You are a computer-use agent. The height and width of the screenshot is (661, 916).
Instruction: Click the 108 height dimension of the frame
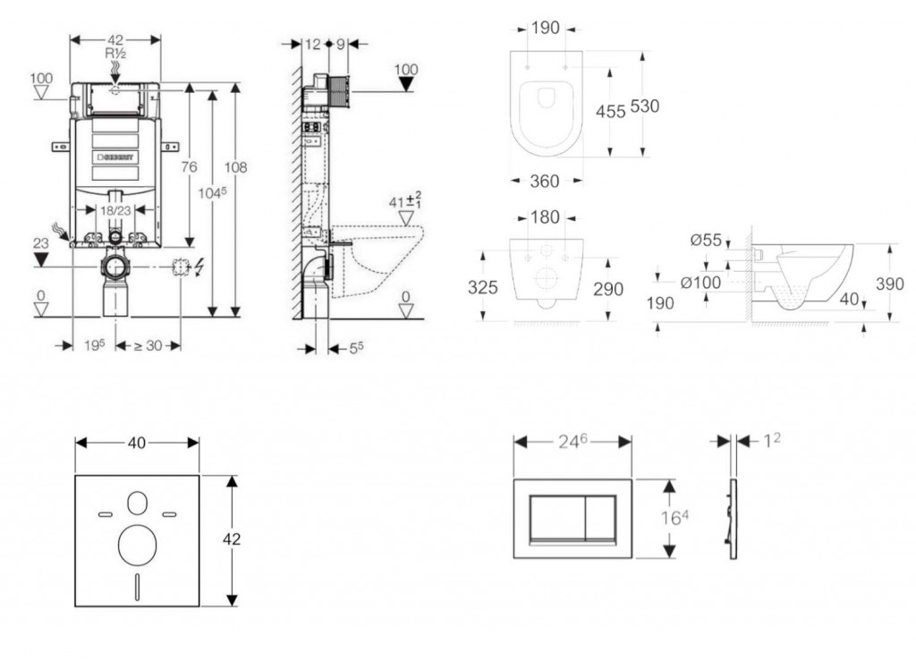point(236,167)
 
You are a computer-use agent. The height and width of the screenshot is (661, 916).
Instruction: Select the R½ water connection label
point(114,55)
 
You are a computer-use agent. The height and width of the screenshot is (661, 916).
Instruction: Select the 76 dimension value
point(189,167)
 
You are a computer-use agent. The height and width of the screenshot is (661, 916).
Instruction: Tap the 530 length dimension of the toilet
point(644,106)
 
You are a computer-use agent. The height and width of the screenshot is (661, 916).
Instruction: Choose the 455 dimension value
point(611,111)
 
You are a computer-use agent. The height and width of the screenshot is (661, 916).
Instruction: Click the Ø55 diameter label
point(706,240)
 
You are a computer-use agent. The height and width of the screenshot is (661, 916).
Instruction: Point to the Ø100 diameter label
point(700,282)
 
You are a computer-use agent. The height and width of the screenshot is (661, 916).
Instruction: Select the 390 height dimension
point(889,284)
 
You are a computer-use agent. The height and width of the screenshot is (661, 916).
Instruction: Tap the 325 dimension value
point(484,289)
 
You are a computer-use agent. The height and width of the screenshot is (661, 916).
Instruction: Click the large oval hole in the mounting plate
point(136,544)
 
